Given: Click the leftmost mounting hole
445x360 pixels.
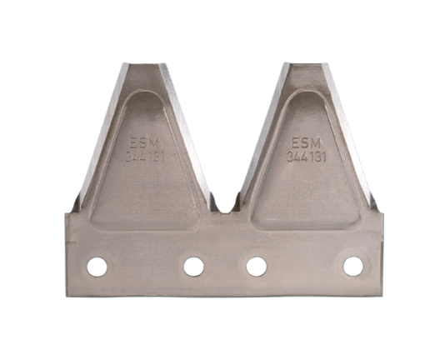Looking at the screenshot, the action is tap(97, 267).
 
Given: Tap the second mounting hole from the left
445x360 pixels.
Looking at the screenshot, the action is tap(194, 267).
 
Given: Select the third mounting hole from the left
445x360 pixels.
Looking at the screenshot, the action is tap(257, 267).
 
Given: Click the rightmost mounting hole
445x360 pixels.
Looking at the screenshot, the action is tap(353, 267).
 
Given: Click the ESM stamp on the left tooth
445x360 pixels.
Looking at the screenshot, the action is tap(144, 143).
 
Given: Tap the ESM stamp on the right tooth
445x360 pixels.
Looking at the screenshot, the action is tap(306, 142).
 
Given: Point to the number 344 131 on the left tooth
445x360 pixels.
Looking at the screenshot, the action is tap(145, 157).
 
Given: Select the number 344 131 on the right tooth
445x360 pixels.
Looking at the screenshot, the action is tap(306, 157).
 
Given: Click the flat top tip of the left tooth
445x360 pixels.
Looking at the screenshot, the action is tap(144, 64).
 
